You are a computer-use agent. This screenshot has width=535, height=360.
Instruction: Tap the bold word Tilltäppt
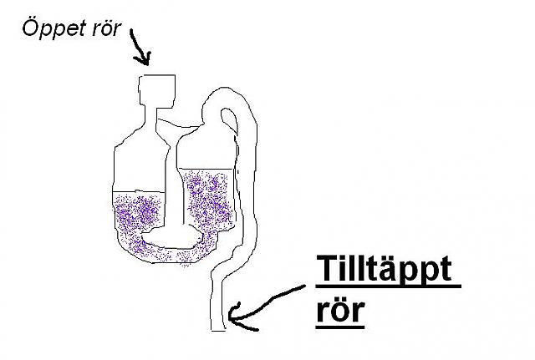tap(384, 271)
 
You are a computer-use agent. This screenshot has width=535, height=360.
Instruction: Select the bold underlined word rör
tap(340, 311)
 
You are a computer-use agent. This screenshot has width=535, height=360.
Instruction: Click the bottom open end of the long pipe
tap(219, 328)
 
